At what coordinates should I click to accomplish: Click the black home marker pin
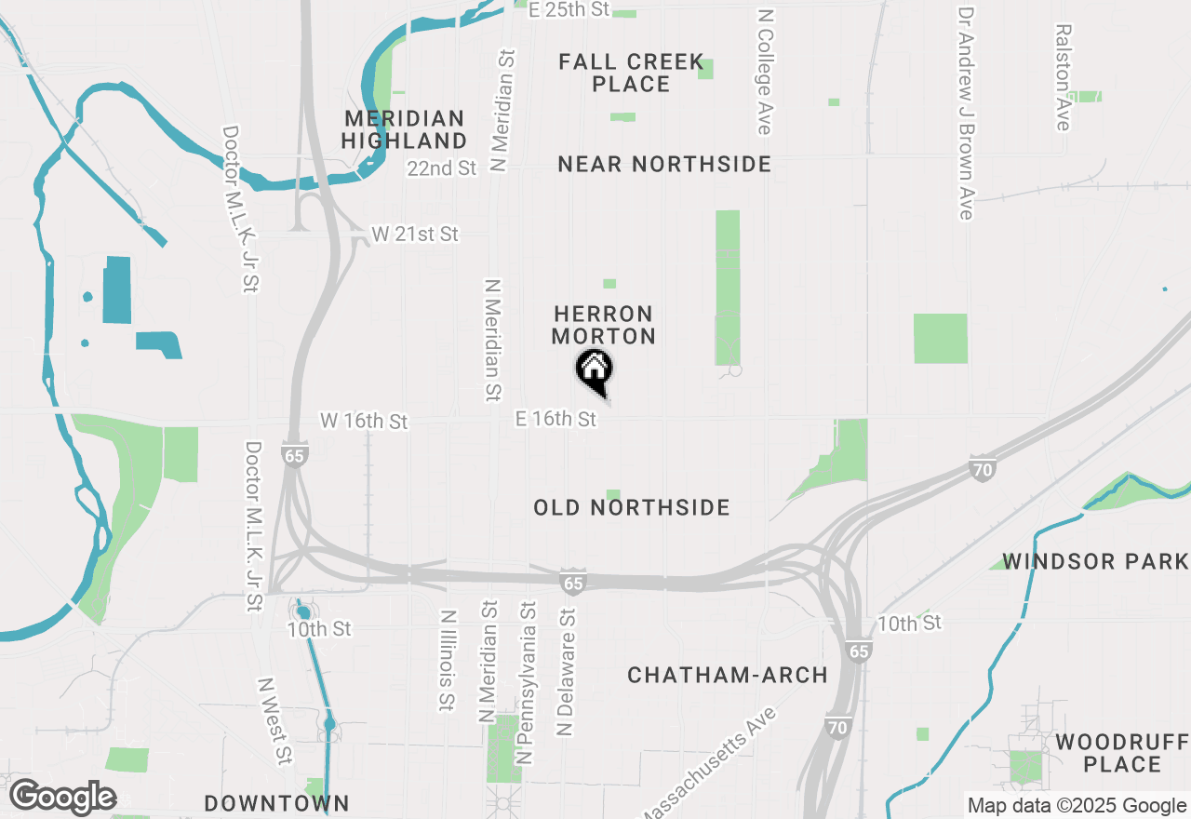click(x=595, y=370)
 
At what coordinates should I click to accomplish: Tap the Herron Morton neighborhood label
click(x=603, y=325)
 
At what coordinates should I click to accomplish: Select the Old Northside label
click(x=632, y=507)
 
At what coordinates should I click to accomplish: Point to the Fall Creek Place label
click(x=631, y=73)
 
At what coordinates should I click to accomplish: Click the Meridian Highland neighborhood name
click(x=404, y=129)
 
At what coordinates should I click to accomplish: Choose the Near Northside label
click(x=664, y=165)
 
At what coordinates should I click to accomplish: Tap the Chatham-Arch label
click(x=728, y=675)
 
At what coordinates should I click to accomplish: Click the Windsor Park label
click(x=1095, y=561)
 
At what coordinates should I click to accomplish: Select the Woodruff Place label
click(x=1121, y=753)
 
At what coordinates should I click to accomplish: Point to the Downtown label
click(x=276, y=803)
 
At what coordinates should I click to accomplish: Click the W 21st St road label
click(x=415, y=234)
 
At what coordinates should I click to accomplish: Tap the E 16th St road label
click(x=555, y=420)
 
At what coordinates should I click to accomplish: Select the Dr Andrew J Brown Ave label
click(x=966, y=114)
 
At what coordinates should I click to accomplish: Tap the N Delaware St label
click(x=565, y=672)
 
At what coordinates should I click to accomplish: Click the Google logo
click(x=62, y=796)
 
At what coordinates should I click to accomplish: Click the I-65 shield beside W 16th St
click(x=295, y=456)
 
